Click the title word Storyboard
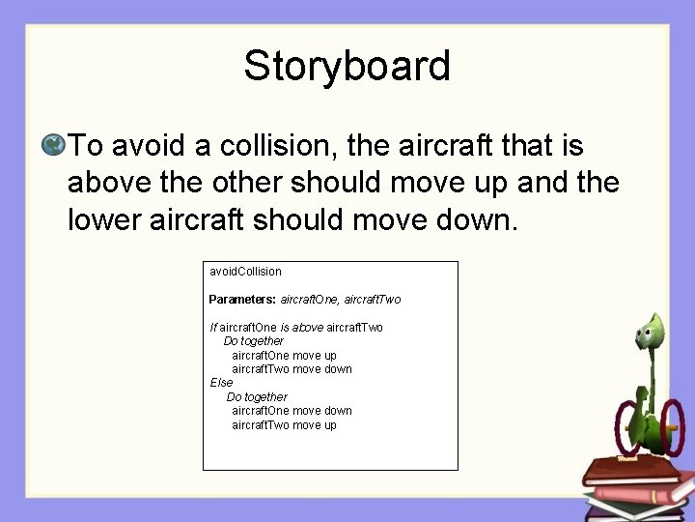pyautogui.click(x=347, y=67)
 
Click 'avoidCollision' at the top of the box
pyautogui.click(x=245, y=273)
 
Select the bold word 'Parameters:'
pyautogui.click(x=242, y=300)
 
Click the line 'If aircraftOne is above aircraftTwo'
pyautogui.click(x=295, y=328)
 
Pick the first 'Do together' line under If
pyautogui.click(x=253, y=341)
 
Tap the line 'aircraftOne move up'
pyautogui.click(x=284, y=356)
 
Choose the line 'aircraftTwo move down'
pyautogui.click(x=292, y=369)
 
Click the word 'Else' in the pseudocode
pyautogui.click(x=221, y=383)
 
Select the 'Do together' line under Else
pyautogui.click(x=256, y=397)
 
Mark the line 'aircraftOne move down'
pyautogui.click(x=292, y=411)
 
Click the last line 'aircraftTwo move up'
pyautogui.click(x=284, y=425)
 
